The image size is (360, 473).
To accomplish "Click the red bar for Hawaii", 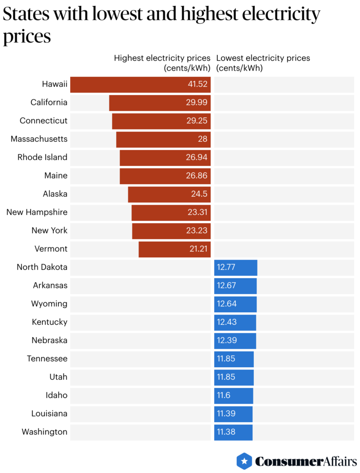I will [x=140, y=85].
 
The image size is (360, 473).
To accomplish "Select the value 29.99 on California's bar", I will [x=197, y=103].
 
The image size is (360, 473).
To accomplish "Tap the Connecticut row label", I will [x=43, y=121].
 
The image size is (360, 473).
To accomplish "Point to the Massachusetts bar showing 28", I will [x=163, y=139].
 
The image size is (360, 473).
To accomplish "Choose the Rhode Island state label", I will [x=42, y=157].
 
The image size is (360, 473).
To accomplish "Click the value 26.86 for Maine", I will [x=197, y=176].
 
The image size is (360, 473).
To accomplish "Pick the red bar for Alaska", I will [x=169, y=194].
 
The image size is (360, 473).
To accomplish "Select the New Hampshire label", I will [x=37, y=212].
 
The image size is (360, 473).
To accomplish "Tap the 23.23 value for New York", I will [x=197, y=230].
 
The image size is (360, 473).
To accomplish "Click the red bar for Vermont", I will [x=174, y=249].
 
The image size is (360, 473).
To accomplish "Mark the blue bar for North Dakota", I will [x=235, y=267].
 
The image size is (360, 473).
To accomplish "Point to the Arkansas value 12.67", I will [x=227, y=285].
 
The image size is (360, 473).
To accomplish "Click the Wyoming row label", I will [x=49, y=303].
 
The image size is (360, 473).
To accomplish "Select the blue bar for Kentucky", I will [x=235, y=322].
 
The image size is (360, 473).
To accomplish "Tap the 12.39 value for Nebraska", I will [x=227, y=340].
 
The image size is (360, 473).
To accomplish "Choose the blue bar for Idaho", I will [x=234, y=395].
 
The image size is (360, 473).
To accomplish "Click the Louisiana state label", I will [x=49, y=413].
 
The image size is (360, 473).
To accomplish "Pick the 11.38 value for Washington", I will [x=226, y=432].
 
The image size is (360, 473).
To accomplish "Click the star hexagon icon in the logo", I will [x=244, y=461].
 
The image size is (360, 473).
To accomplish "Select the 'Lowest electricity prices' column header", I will [x=263, y=58].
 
